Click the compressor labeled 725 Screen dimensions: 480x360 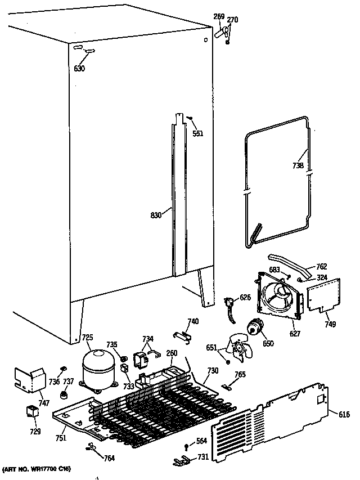[x=97, y=367]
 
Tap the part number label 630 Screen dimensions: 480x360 [x=79, y=69]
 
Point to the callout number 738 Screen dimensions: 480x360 [x=298, y=165]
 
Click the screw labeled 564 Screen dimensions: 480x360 [x=187, y=447]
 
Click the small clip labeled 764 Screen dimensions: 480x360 [x=92, y=447]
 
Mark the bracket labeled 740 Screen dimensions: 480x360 [x=181, y=334]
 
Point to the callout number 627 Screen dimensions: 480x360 [x=295, y=334]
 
